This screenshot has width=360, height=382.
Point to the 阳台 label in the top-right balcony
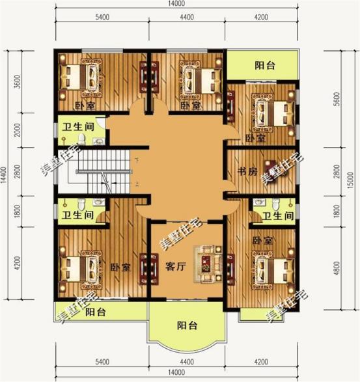coord(264,65)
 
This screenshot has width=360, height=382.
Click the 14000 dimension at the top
coord(177,5)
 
